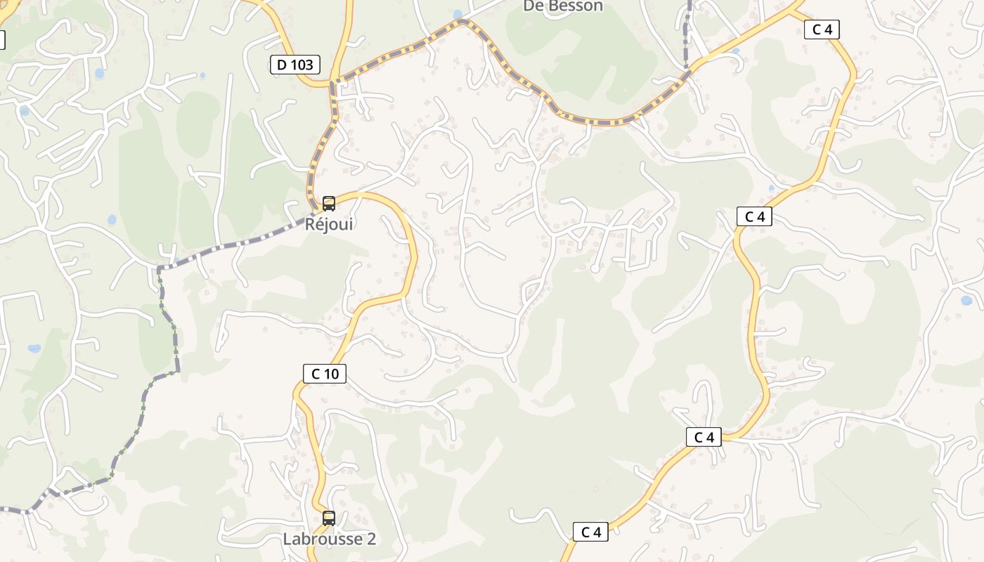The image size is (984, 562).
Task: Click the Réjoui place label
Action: (x=328, y=225)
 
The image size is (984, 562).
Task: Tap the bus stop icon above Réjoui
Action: (x=328, y=204)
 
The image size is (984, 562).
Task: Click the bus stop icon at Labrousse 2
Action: (x=328, y=518)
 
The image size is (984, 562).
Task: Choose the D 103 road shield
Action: (x=295, y=65)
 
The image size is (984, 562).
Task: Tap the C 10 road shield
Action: (x=325, y=374)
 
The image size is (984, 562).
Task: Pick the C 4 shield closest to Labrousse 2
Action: (x=590, y=532)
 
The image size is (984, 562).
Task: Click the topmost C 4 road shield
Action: (x=822, y=30)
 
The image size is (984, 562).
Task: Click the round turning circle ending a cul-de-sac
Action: (x=595, y=268)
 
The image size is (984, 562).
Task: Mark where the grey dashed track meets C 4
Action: (x=687, y=70)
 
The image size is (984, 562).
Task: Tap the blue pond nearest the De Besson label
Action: (x=458, y=14)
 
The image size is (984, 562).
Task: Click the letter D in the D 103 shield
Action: (x=282, y=65)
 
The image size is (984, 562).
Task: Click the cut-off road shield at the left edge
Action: (x=2, y=40)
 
